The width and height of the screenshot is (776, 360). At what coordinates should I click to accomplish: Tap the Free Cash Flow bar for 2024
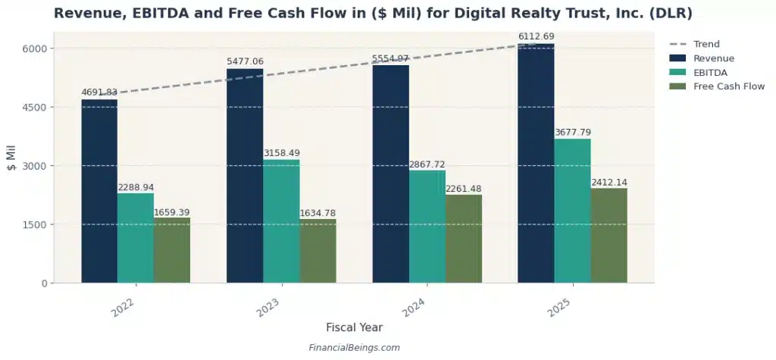coord(463,239)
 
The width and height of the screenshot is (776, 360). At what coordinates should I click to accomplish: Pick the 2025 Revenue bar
coord(536,163)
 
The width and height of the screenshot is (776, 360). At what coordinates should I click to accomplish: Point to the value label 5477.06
coord(245,61)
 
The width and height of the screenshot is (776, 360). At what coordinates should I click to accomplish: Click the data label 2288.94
coord(136,187)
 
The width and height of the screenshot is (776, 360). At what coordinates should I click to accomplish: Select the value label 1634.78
coord(318,213)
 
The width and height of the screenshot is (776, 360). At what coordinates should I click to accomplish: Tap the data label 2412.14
coord(609,183)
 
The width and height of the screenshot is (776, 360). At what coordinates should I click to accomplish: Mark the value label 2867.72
coord(427,164)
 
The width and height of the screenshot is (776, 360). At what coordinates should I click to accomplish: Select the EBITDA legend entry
coord(711,72)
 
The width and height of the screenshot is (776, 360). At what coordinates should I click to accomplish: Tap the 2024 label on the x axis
coord(413,308)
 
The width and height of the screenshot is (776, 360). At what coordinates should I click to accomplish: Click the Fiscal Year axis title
coord(354,327)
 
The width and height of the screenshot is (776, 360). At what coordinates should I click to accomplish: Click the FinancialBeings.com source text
coord(354,348)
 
